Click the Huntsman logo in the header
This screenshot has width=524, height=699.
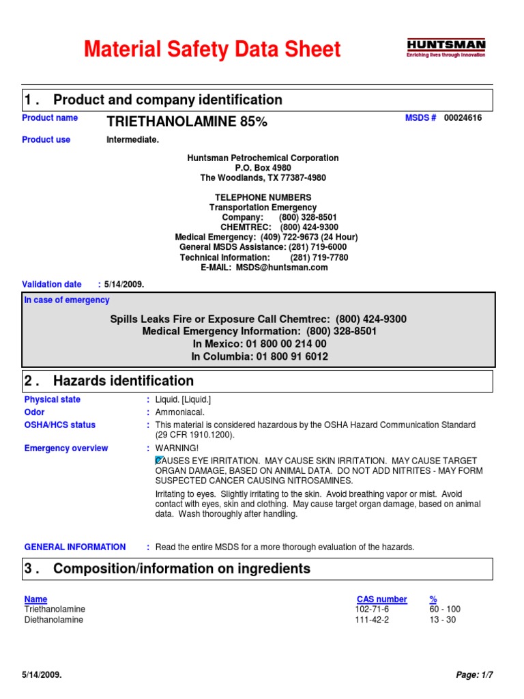(446, 48)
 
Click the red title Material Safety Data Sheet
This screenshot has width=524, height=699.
(212, 50)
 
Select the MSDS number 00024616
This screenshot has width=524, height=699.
(463, 118)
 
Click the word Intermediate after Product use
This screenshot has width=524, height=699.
(132, 140)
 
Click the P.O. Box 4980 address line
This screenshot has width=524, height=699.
(263, 168)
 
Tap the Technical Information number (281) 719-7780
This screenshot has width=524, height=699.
(319, 257)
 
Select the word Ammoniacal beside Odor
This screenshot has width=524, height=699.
(180, 412)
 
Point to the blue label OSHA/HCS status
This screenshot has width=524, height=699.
(60, 425)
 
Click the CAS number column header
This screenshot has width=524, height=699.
(381, 599)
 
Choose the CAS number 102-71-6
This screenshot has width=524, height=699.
(372, 610)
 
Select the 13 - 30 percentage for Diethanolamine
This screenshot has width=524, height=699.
(442, 620)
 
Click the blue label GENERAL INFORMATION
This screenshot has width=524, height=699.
(75, 547)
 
